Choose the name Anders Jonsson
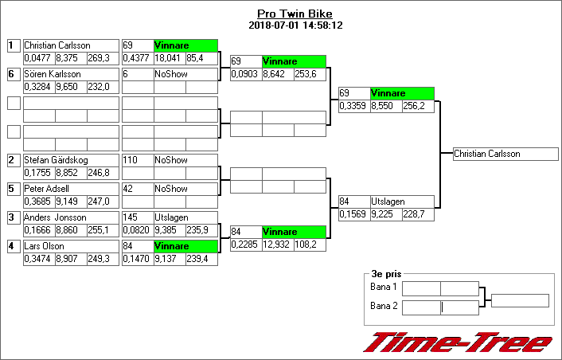pyautogui.click(x=55, y=217)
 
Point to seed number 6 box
pyautogui.click(x=13, y=74)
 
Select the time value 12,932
pyautogui.click(x=276, y=245)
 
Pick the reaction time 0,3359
pyautogui.click(x=353, y=106)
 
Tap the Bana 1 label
pyautogui.click(x=384, y=287)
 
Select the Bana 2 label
pyautogui.click(x=384, y=306)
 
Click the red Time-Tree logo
pyautogui.click(x=458, y=342)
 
